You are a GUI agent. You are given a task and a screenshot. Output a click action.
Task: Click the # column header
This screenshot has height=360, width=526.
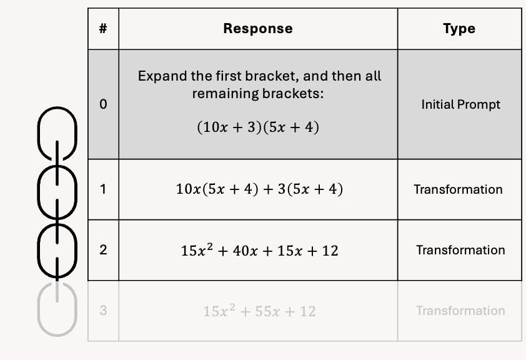tap(103, 29)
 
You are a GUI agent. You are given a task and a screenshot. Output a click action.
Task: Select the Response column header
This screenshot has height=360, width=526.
tap(257, 29)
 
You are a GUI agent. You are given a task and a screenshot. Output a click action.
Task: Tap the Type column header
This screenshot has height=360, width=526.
tap(459, 29)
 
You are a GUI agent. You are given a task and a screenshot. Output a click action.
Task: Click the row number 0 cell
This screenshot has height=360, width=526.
tap(103, 104)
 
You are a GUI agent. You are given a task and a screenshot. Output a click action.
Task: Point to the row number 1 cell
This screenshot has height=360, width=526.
tap(103, 189)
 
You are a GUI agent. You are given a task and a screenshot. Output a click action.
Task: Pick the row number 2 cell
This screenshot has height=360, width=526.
tap(103, 250)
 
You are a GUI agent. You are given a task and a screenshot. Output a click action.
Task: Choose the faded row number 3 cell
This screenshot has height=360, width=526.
tap(103, 311)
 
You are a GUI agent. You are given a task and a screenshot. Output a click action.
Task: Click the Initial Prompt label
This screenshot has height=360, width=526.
tap(460, 104)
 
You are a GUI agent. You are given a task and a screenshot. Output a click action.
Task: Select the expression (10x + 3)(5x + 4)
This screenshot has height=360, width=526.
tap(257, 127)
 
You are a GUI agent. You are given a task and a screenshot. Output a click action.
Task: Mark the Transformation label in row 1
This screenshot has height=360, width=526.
tap(458, 189)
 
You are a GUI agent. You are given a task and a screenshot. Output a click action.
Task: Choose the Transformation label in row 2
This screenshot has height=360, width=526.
tap(460, 250)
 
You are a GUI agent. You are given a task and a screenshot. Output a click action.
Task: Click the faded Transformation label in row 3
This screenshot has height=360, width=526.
tap(460, 311)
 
